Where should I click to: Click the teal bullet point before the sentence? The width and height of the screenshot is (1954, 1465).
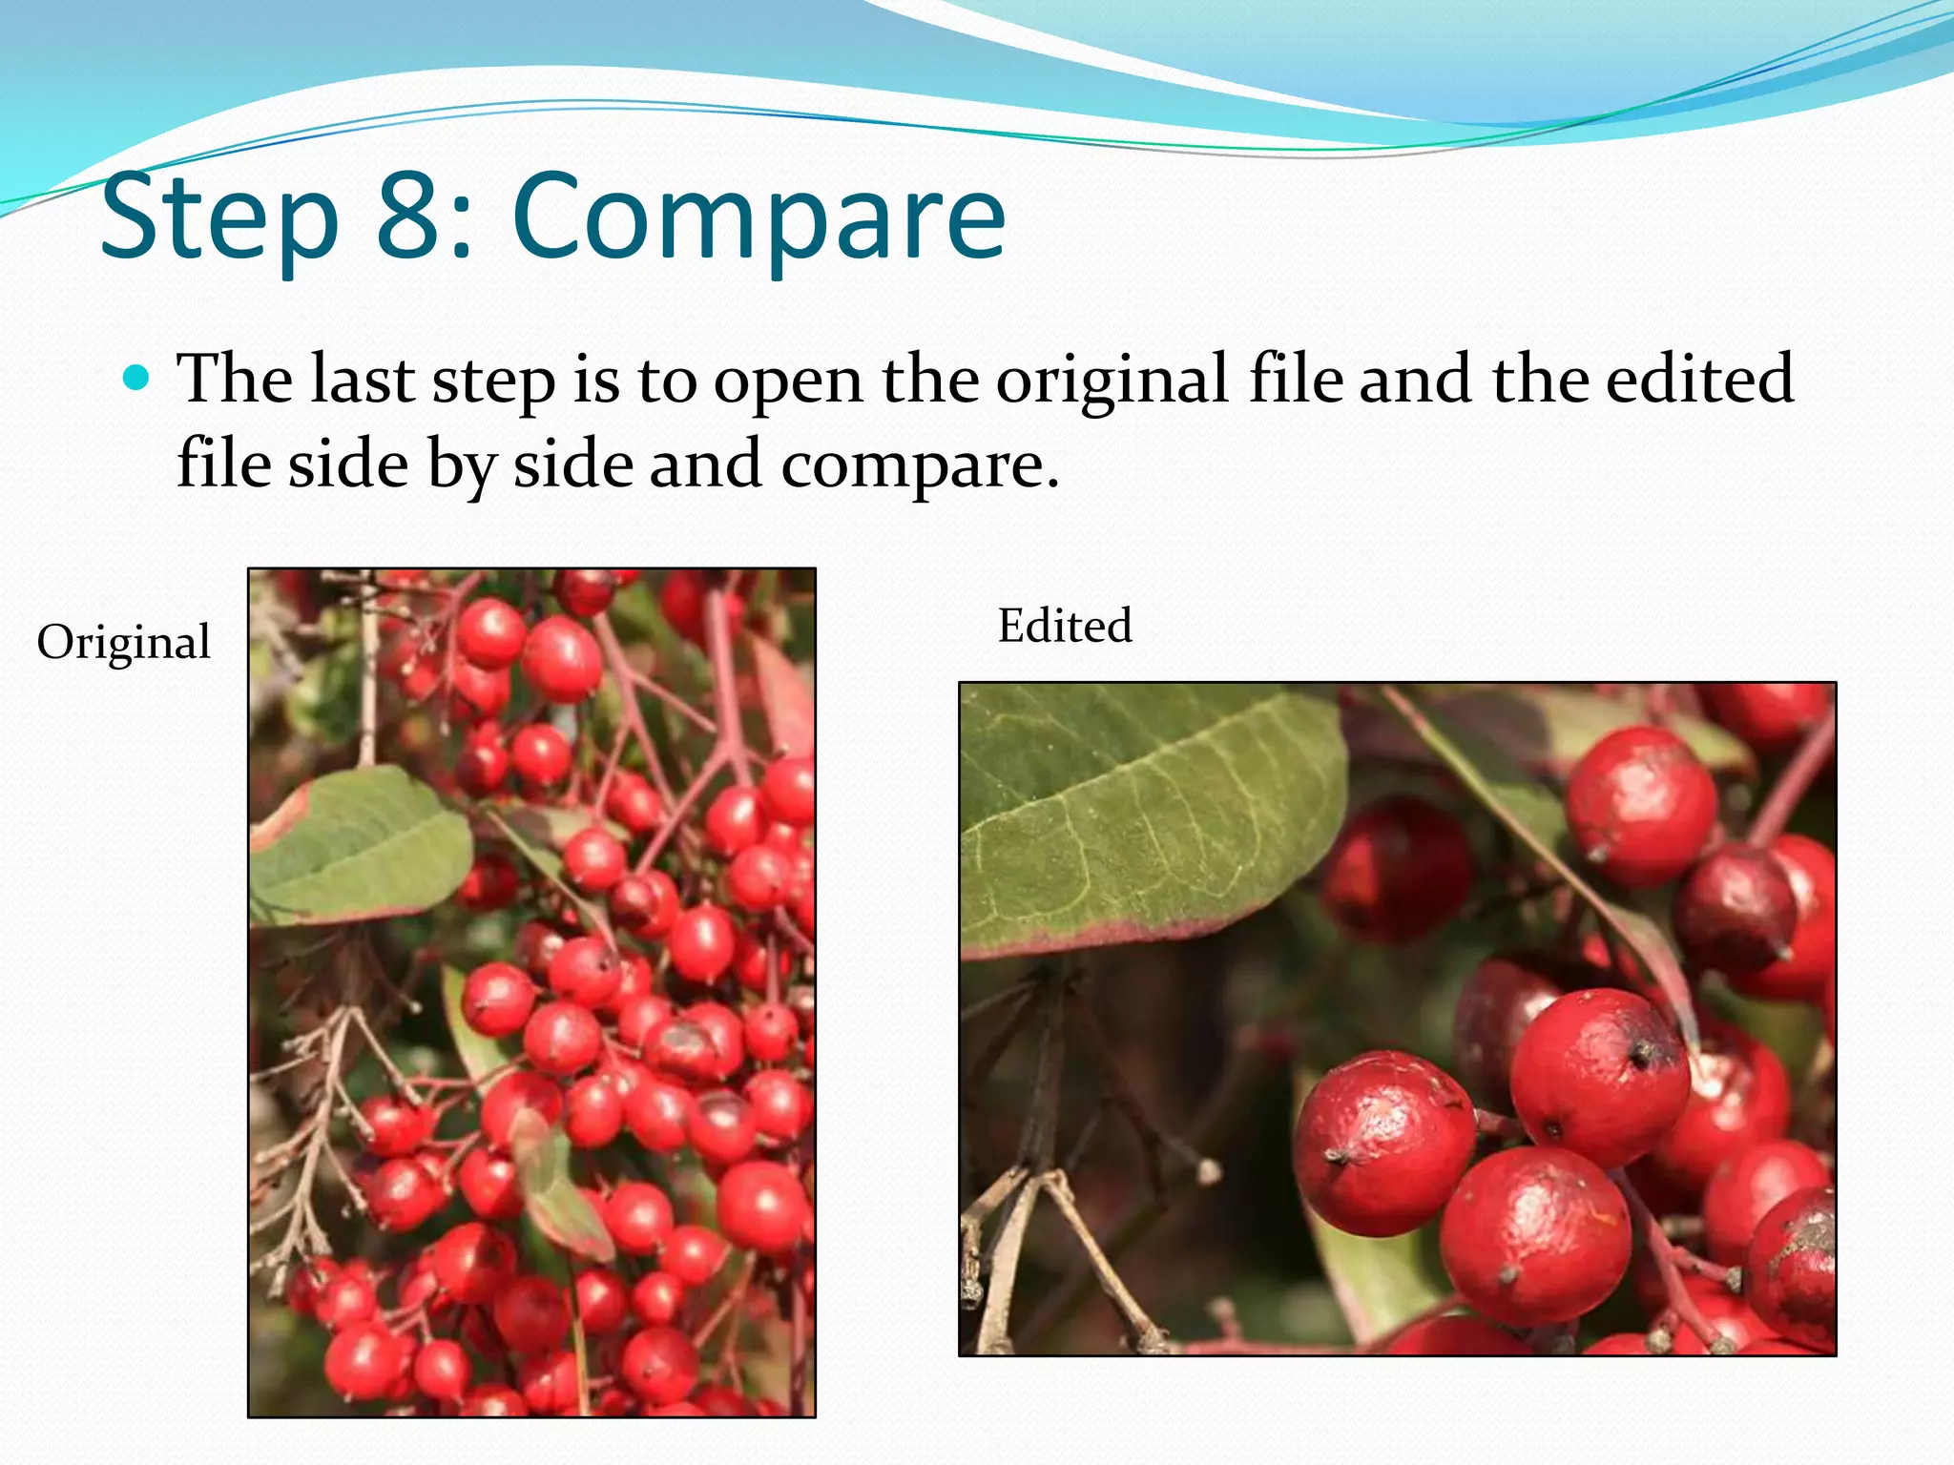[x=138, y=379]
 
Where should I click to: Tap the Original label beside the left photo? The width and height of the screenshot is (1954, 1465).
[x=123, y=642]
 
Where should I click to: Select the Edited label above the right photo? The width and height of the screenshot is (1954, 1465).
[x=1065, y=626]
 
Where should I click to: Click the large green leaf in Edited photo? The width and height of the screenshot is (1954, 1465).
[x=1145, y=811]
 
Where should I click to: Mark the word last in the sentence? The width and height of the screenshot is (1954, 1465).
[x=364, y=379]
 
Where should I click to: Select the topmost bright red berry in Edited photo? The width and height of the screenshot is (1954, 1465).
[x=1641, y=801]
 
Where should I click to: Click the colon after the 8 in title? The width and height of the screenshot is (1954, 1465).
[x=462, y=229]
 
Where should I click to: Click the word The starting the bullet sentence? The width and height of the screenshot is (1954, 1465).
[x=235, y=379]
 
